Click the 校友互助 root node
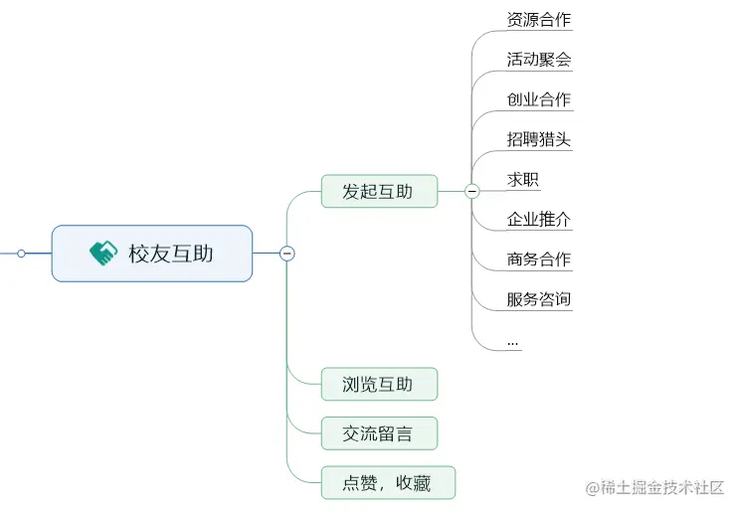[152, 254]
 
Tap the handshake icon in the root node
[103, 254]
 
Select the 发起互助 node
[379, 192]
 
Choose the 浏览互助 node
[379, 384]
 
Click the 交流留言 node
[379, 433]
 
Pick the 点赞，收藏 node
[388, 483]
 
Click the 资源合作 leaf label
[539, 20]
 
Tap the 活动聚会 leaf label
[539, 60]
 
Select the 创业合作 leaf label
[539, 99]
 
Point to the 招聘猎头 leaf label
[539, 139]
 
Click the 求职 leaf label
[523, 179]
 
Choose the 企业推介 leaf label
[539, 219]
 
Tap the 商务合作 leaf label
[539, 258]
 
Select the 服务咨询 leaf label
[539, 298]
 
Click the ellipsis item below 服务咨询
[513, 341]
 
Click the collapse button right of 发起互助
[472, 191]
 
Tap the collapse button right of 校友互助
[287, 254]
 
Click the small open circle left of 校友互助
[21, 254]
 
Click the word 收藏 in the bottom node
[413, 483]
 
